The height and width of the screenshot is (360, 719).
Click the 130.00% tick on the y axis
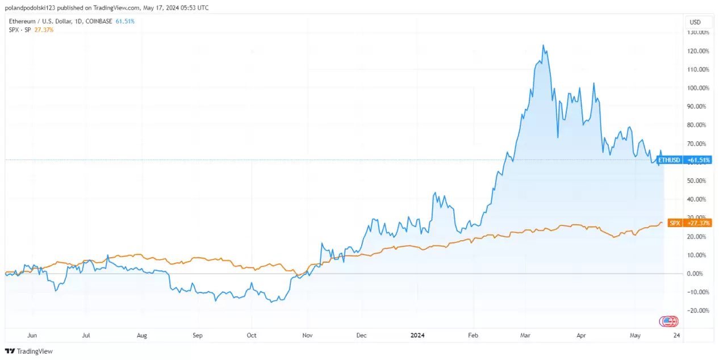click(x=697, y=32)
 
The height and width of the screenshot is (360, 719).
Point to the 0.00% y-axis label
click(x=699, y=274)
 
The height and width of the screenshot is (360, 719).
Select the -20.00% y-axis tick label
click(x=698, y=311)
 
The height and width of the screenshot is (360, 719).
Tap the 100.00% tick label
click(x=697, y=88)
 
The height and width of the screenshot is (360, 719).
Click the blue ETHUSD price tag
click(x=668, y=160)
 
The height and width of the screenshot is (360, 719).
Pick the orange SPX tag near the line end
click(x=675, y=223)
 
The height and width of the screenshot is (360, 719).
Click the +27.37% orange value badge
click(x=699, y=223)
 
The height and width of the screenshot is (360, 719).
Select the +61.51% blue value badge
click(x=699, y=160)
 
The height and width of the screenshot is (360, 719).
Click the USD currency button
click(x=695, y=22)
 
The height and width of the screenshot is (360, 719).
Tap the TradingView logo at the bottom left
click(x=29, y=351)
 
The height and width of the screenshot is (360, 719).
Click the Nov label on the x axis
click(x=307, y=335)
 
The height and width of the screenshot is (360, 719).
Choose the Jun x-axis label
click(x=32, y=335)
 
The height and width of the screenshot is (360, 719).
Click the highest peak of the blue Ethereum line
click(x=544, y=45)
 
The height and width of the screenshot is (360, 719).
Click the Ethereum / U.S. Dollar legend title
click(x=43, y=21)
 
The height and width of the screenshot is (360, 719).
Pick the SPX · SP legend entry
click(x=20, y=30)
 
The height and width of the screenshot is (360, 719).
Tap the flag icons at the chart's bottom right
click(x=668, y=321)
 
